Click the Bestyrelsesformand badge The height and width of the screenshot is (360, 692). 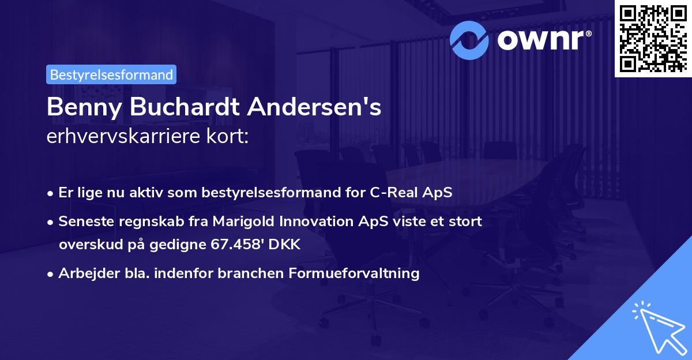tap(111, 74)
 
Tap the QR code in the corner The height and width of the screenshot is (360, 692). tap(652, 39)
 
